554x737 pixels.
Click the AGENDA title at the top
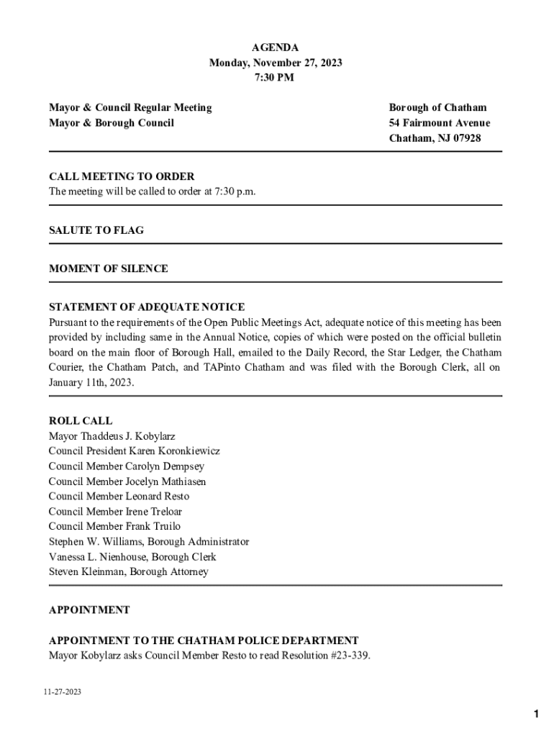[275, 48]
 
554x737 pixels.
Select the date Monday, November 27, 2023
[275, 63]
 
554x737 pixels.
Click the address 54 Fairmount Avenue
[439, 123]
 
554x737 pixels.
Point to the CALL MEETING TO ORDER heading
[122, 176]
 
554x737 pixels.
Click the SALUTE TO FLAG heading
[96, 230]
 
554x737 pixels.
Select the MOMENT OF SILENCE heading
[109, 268]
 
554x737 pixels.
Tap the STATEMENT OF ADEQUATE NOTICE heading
[147, 307]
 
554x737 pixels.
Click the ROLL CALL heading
[81, 421]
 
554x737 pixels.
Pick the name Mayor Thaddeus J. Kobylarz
[112, 436]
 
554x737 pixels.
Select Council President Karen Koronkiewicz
[135, 451]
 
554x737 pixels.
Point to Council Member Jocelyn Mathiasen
[127, 481]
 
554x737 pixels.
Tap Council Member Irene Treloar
[115, 512]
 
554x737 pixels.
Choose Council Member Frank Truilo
[114, 527]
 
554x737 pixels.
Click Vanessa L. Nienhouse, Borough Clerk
[132, 557]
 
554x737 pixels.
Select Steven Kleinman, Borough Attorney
[129, 572]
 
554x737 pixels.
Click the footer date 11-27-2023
[62, 692]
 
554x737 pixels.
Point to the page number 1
[536, 714]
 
